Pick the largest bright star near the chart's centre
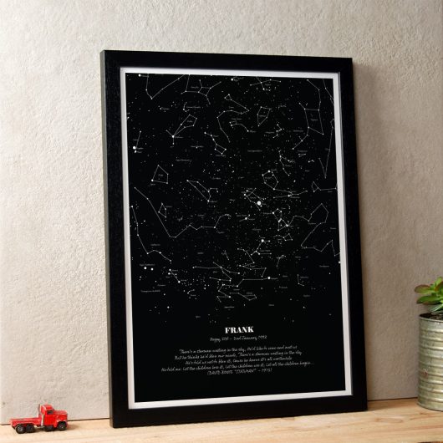[x=258, y=201]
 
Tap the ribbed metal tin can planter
[x=430, y=359]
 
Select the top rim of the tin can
[x=431, y=317]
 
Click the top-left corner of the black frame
[x=104, y=54]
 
